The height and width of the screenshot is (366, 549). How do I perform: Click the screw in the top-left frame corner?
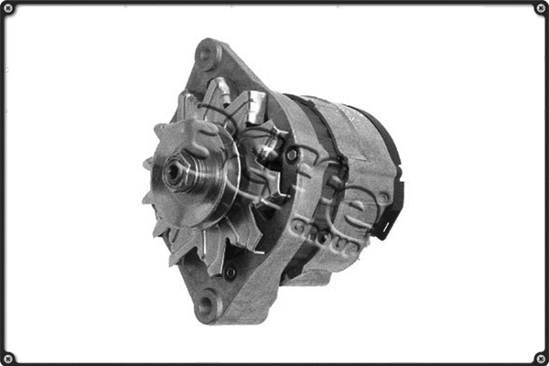(x=8, y=8)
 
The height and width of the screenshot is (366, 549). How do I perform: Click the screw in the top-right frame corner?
(x=540, y=8)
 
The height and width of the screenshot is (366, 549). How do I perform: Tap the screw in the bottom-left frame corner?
(x=8, y=357)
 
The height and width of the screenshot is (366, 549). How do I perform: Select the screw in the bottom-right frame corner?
(x=540, y=357)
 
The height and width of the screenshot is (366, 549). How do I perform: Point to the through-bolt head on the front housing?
(x=292, y=156)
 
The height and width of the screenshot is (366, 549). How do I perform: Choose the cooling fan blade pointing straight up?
(x=220, y=91)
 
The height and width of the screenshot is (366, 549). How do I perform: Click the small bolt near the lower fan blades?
(x=231, y=272)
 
